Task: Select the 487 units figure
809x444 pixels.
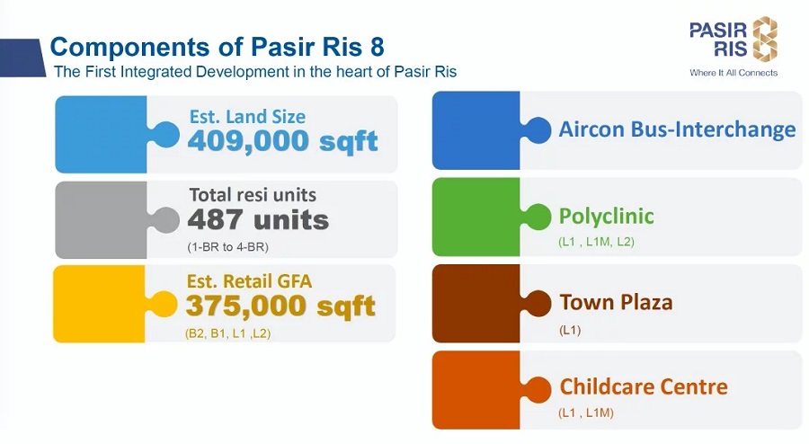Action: click(258, 220)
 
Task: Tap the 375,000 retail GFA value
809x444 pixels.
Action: click(246, 306)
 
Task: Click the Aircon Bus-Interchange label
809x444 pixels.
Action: click(677, 129)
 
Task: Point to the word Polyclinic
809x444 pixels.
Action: click(606, 216)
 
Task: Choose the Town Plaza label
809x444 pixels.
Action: click(616, 302)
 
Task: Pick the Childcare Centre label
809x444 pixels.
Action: click(644, 386)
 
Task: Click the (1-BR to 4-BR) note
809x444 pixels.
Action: click(227, 247)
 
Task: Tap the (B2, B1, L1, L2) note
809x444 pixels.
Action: click(227, 333)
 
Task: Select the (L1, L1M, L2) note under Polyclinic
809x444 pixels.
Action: click(596, 242)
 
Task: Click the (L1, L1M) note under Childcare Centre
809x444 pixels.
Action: click(585, 413)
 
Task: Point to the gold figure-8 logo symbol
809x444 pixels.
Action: click(765, 38)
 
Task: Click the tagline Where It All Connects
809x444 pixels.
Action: click(733, 73)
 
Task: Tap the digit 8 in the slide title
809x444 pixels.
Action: click(377, 47)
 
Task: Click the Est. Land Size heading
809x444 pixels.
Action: click(247, 117)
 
